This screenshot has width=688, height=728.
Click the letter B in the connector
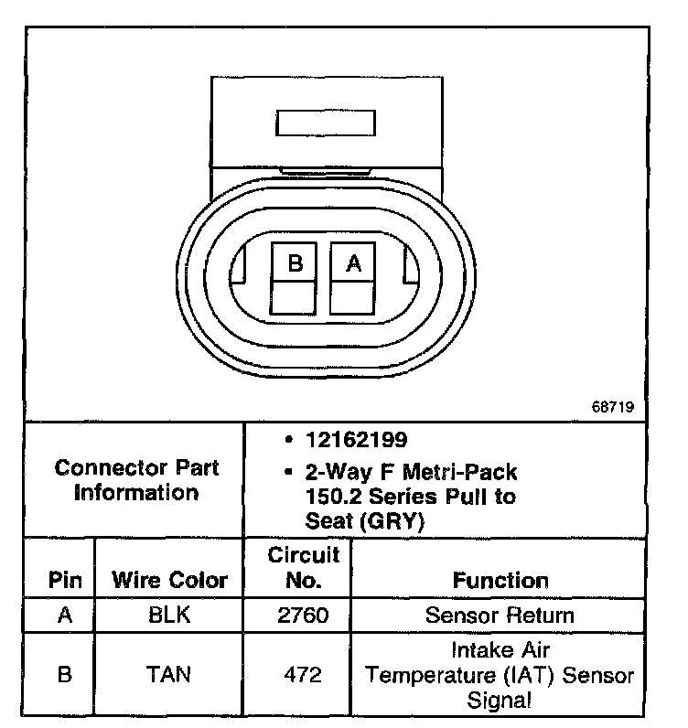click(x=295, y=263)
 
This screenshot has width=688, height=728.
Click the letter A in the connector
click(x=353, y=263)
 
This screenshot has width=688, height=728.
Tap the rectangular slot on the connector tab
click(x=323, y=124)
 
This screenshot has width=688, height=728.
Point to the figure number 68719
click(x=614, y=408)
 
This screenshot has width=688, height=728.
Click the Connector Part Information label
click(x=136, y=480)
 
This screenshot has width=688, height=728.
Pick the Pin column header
click(x=64, y=580)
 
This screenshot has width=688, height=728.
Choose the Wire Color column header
click(x=169, y=580)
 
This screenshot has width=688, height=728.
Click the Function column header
click(x=500, y=580)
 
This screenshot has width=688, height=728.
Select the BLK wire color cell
click(x=169, y=615)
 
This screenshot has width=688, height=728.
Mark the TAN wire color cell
click(x=169, y=676)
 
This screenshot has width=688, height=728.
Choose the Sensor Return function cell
click(x=500, y=615)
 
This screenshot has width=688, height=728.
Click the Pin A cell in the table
click(x=64, y=615)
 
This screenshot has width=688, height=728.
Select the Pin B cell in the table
click(x=64, y=676)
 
